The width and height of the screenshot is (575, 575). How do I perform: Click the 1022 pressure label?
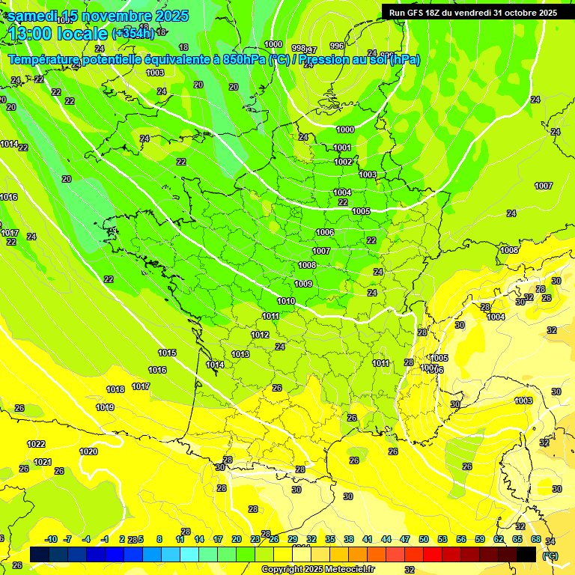click(x=36, y=444)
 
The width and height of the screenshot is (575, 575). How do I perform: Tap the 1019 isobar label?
click(x=105, y=407)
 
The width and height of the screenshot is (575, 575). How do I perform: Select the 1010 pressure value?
click(x=286, y=301)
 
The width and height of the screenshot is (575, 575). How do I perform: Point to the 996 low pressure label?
click(x=337, y=46)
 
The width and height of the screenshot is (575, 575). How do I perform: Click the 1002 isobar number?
click(x=343, y=162)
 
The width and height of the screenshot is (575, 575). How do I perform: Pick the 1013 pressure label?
click(x=240, y=354)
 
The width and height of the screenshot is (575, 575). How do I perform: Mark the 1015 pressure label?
click(x=167, y=353)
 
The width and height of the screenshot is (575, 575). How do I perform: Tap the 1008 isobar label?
click(x=307, y=266)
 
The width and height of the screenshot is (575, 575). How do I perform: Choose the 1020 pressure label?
click(x=88, y=451)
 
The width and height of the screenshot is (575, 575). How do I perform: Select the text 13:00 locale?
click(x=58, y=34)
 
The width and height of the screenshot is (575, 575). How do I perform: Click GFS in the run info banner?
click(x=422, y=13)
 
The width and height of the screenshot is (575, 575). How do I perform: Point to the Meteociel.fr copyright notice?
click(x=317, y=570)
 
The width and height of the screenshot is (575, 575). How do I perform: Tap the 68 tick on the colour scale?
click(x=536, y=539)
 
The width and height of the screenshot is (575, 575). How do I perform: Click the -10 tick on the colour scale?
click(x=51, y=539)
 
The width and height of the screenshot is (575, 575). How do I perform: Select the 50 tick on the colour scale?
click(x=424, y=539)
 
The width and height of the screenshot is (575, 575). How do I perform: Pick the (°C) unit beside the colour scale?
click(x=550, y=555)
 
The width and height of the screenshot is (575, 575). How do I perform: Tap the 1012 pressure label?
click(x=260, y=335)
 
